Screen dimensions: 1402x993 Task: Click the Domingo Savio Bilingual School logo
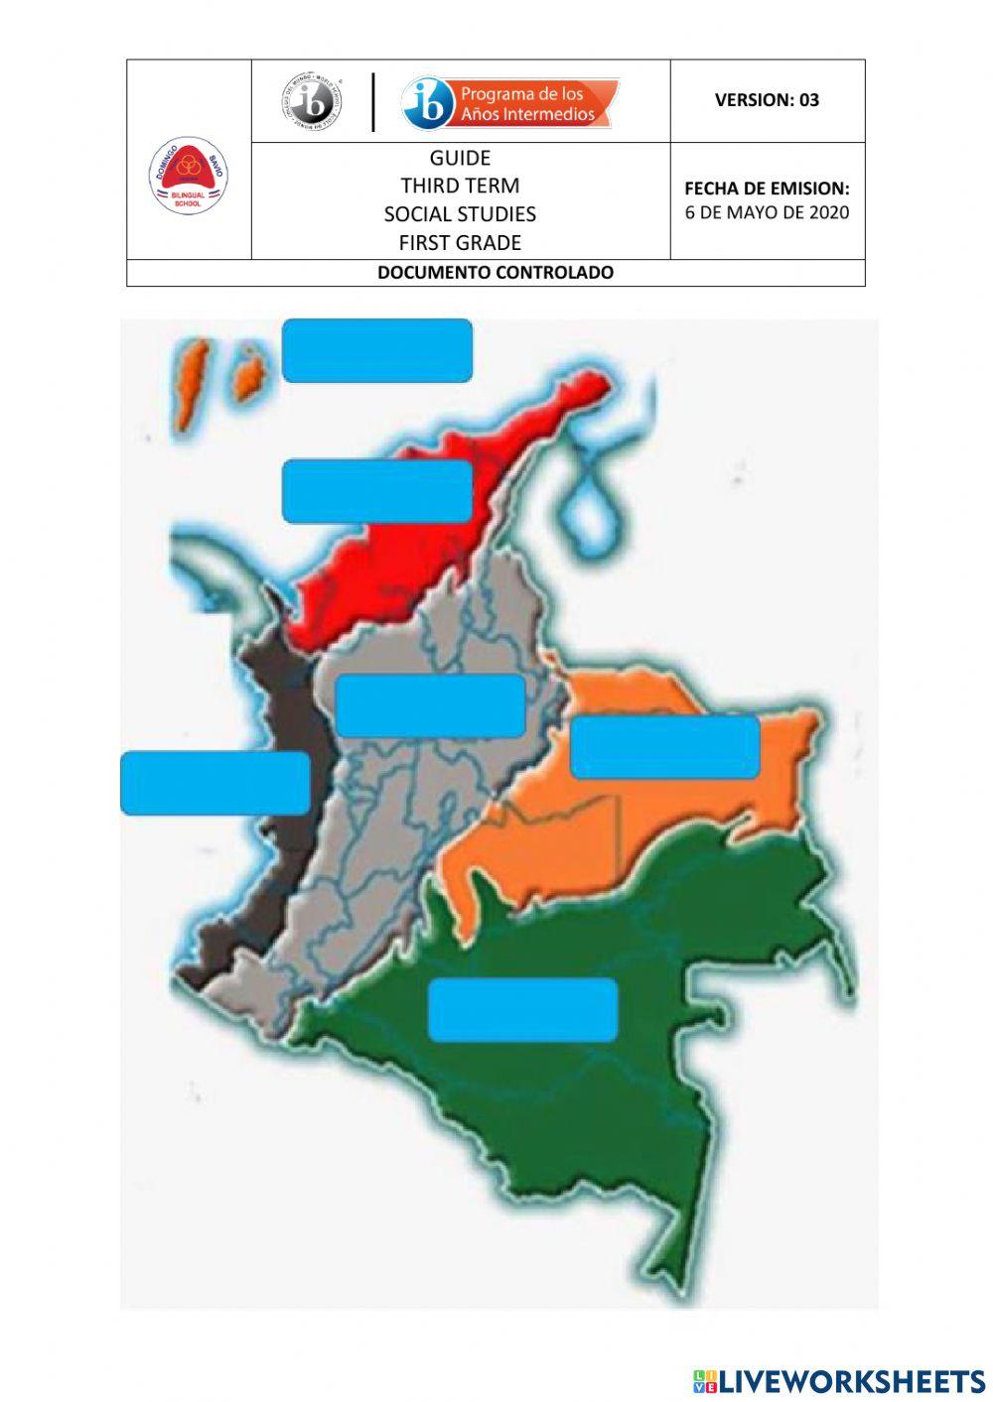point(189,177)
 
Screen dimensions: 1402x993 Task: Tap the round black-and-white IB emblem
point(310,101)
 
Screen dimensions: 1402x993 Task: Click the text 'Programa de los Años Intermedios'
point(526,104)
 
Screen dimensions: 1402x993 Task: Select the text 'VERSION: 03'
point(767,99)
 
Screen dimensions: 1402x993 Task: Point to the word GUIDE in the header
point(460,158)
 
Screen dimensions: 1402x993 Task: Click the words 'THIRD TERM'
point(460,186)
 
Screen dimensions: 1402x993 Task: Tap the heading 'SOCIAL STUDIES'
point(460,214)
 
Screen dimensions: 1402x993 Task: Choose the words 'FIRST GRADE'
point(460,242)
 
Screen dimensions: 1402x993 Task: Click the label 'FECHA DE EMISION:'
point(767,188)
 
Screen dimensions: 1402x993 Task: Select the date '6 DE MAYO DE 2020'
point(767,211)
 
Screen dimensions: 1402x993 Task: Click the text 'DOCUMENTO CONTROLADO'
point(496,273)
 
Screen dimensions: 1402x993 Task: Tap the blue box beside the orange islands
point(376,350)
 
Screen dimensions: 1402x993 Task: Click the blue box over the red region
point(376,491)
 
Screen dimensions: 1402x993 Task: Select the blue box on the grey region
point(430,705)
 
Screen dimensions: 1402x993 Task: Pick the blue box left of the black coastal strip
point(215,783)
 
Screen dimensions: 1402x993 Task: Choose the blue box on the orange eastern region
point(664,747)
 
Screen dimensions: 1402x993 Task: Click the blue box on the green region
point(522,1009)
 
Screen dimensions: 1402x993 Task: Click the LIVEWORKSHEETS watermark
point(839,1380)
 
